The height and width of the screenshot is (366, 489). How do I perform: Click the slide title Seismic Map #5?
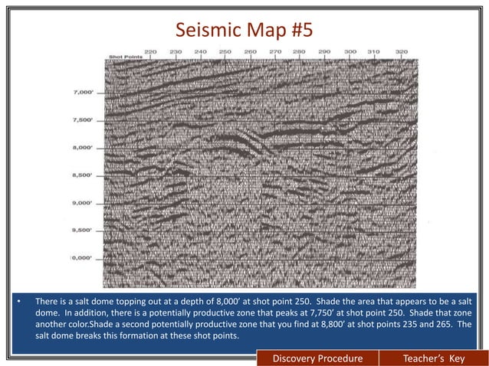point(244,31)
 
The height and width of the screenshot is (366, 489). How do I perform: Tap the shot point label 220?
point(151,52)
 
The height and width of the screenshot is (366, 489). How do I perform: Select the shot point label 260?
point(250,52)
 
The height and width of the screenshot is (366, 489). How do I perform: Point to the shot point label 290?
point(324,52)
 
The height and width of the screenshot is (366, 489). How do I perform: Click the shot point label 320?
point(400,52)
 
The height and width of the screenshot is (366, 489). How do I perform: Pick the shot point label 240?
point(201,52)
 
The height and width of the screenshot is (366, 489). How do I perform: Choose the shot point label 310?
point(373,52)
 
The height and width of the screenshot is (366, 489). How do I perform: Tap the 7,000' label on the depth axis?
point(82,93)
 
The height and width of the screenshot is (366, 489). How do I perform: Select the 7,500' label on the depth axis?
point(82,120)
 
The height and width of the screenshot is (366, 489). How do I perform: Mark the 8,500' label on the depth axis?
point(82,175)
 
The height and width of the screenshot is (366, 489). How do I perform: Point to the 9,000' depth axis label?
point(82,203)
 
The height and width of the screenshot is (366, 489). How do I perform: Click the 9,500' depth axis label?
point(82,230)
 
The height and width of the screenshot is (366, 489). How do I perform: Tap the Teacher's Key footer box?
point(435,358)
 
